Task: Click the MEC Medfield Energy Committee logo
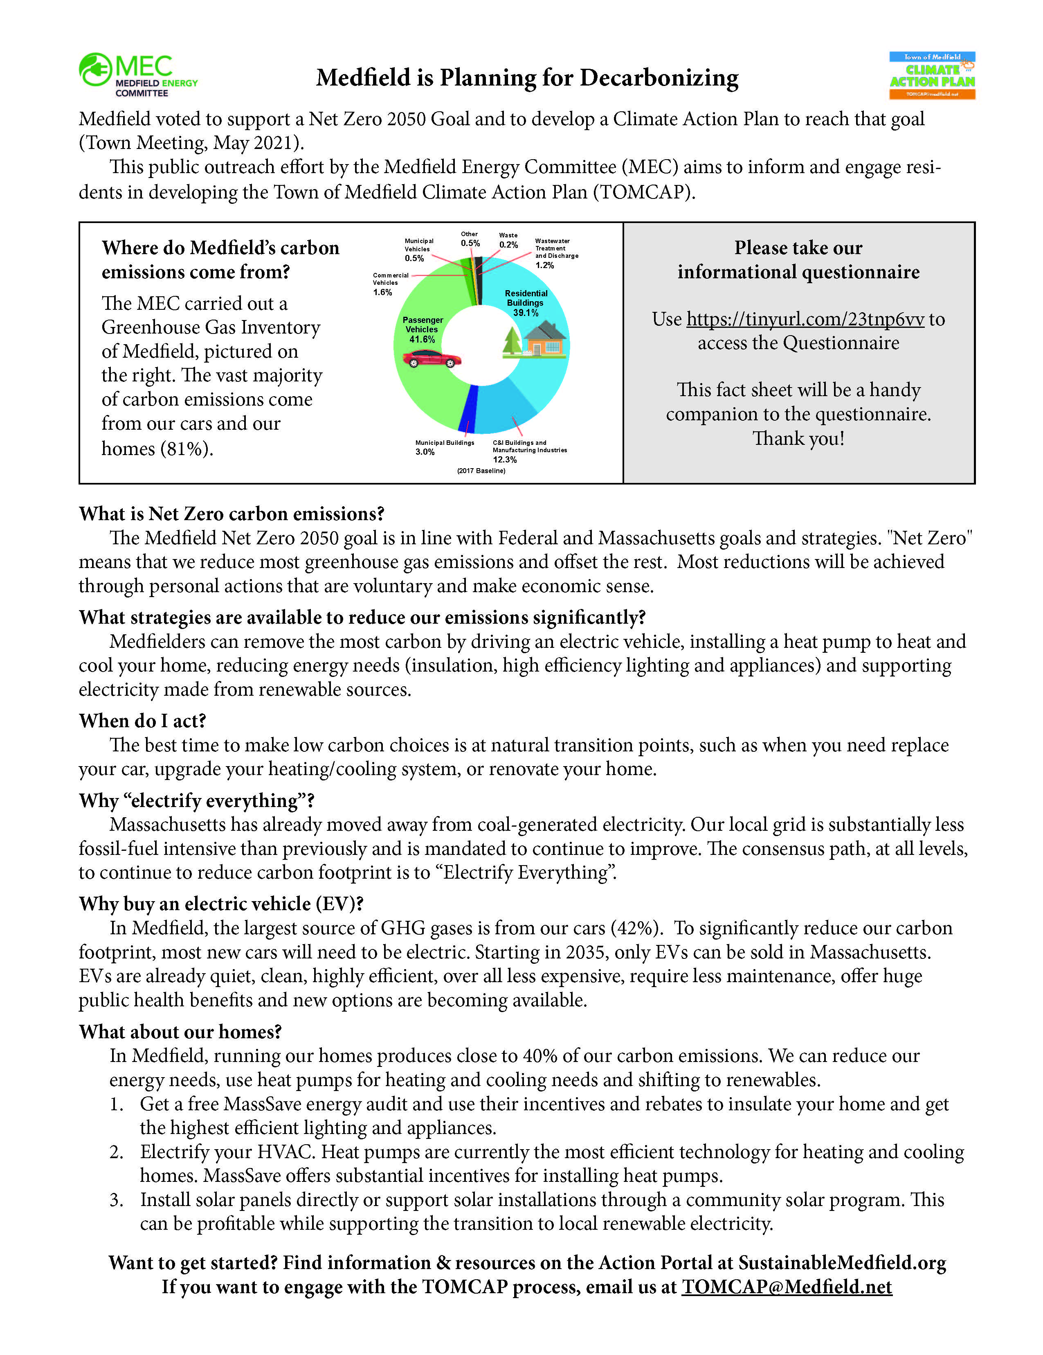click(x=138, y=74)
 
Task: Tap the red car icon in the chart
click(x=432, y=358)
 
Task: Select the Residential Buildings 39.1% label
click(x=526, y=303)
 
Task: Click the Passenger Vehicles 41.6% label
click(x=422, y=329)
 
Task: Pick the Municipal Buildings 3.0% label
click(x=444, y=447)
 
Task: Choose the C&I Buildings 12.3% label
click(x=529, y=451)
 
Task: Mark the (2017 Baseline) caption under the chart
click(x=481, y=471)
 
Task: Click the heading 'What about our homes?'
click(x=180, y=1031)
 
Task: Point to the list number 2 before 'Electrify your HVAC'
click(x=116, y=1152)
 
